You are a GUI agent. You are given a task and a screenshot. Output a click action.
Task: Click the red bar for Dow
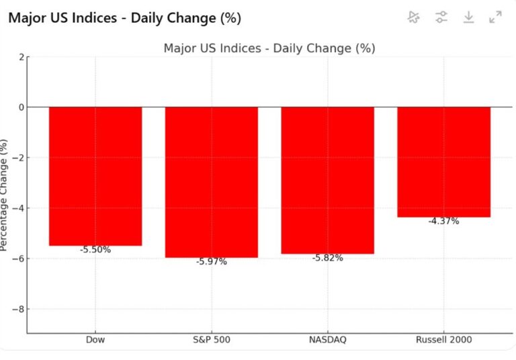click(x=95, y=176)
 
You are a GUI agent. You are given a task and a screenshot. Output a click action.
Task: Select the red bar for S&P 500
click(x=212, y=182)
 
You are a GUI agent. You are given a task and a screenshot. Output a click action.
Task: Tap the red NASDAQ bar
click(x=327, y=180)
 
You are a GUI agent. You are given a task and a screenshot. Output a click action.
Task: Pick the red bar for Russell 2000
click(x=443, y=162)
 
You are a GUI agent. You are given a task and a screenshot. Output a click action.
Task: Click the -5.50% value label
click(x=95, y=250)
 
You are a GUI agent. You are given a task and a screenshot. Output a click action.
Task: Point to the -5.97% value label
click(x=212, y=262)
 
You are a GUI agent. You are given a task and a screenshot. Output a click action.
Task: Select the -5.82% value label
click(x=327, y=258)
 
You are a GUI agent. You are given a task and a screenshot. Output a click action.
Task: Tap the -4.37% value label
click(x=443, y=221)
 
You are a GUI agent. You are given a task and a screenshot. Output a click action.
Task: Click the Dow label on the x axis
click(x=95, y=340)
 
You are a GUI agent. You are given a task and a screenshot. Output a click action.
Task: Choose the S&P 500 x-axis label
click(x=212, y=340)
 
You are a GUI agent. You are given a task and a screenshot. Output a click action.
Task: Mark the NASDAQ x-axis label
click(x=327, y=340)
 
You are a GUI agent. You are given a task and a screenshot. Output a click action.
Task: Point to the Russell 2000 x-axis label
click(x=443, y=340)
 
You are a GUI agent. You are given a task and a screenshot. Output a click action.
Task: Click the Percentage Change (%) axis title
click(x=5, y=195)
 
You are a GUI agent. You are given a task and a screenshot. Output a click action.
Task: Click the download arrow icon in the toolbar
click(x=468, y=17)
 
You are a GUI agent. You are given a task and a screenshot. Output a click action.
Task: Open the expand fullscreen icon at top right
click(x=496, y=17)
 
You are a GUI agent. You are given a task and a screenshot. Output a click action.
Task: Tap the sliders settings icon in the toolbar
click(x=441, y=17)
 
